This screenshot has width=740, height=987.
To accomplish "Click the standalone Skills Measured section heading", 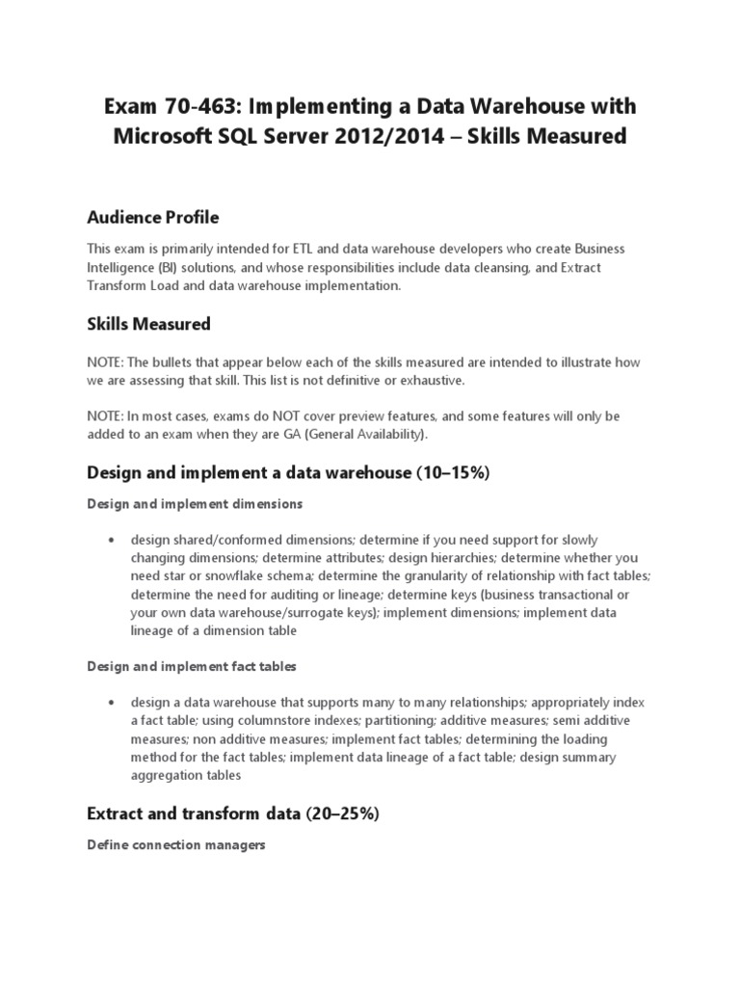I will [149, 324].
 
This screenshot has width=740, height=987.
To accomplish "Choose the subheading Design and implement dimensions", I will [196, 503].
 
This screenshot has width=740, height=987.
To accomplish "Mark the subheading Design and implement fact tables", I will [192, 666].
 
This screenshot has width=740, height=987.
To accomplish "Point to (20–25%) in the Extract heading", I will [343, 814].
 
